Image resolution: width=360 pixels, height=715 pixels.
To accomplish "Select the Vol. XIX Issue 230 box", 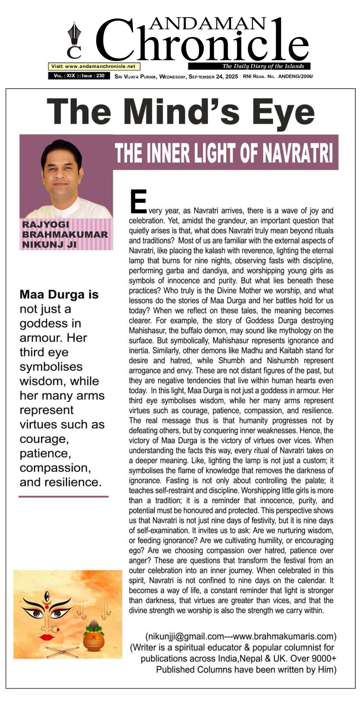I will tap(79, 76).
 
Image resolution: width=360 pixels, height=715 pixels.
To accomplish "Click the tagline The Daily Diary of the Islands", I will tap(263, 66).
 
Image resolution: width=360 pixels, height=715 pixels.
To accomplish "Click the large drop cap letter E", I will tap(138, 201).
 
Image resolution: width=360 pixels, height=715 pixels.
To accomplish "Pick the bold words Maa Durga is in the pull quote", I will tap(59, 294).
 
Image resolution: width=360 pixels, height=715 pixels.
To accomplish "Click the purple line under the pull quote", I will tap(63, 496).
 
